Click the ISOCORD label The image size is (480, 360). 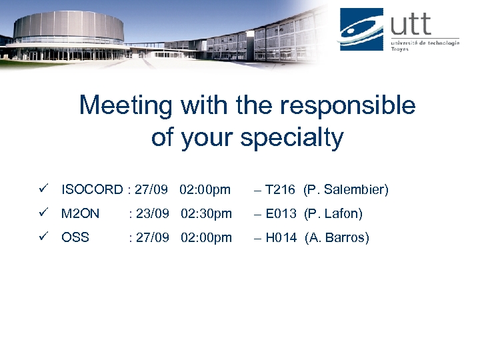92,190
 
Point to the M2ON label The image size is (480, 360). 80,214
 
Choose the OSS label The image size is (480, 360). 75,237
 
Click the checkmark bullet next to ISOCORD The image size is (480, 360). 43,190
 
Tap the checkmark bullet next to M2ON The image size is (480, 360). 43,213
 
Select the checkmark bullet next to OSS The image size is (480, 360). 43,237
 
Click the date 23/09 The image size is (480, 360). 152,214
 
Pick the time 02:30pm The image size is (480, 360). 206,214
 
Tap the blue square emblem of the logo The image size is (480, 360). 361,28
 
